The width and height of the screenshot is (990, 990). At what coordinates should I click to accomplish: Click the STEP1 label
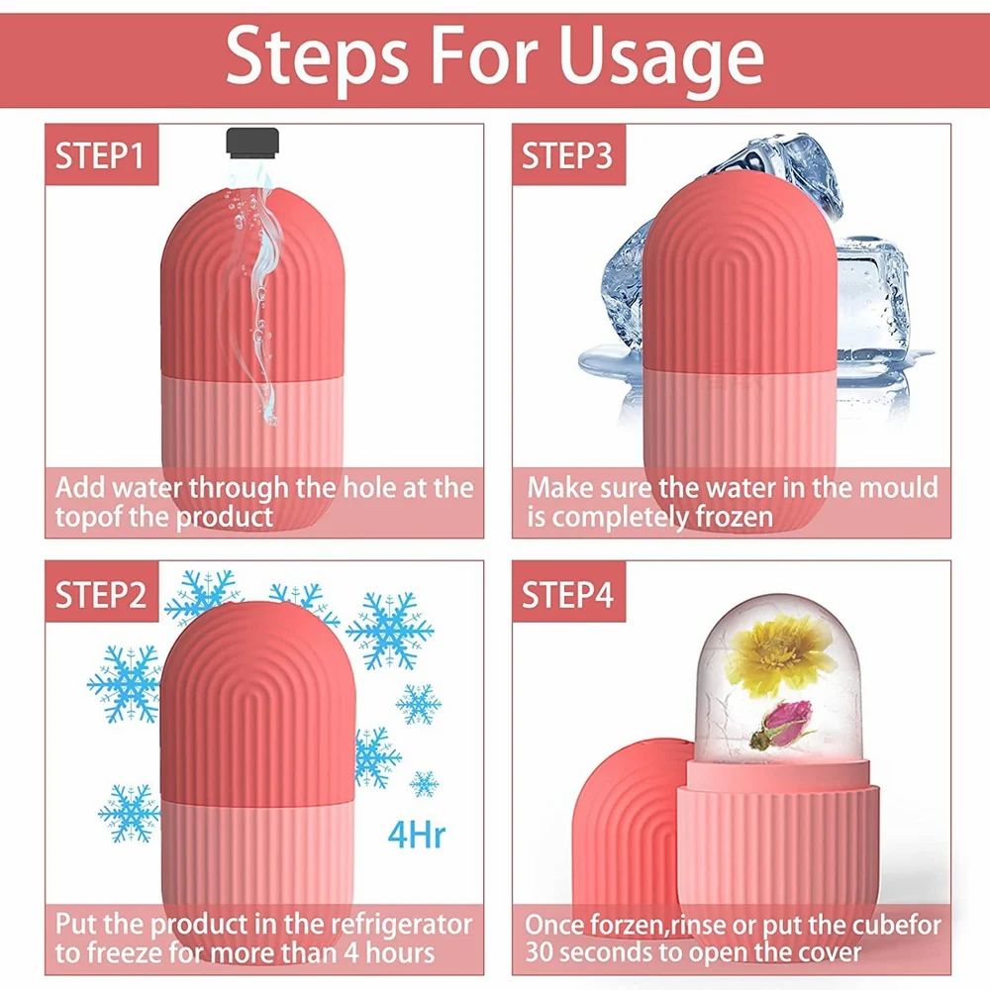pyautogui.click(x=99, y=156)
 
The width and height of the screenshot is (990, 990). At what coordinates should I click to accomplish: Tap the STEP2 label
pyautogui.click(x=101, y=594)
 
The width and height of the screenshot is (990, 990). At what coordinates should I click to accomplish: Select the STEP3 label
pyautogui.click(x=567, y=156)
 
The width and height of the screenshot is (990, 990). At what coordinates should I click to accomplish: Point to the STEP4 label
pyautogui.click(x=567, y=594)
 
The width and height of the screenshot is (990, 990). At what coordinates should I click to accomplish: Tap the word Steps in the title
pyautogui.click(x=307, y=57)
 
